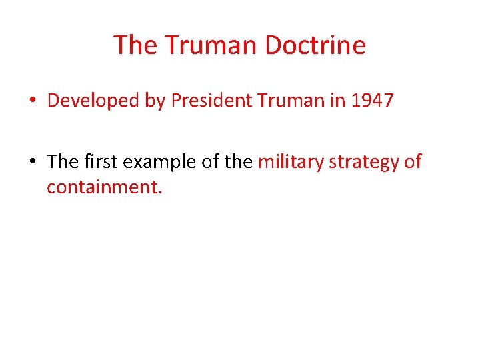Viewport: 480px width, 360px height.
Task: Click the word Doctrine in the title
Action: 315,45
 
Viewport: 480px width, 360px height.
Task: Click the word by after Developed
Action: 153,101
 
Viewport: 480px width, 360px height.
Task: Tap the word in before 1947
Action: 339,101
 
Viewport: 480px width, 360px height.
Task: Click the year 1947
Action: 372,101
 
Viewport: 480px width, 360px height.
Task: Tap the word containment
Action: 104,186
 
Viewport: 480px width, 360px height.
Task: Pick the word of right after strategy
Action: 413,162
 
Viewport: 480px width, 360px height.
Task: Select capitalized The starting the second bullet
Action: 63,162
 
